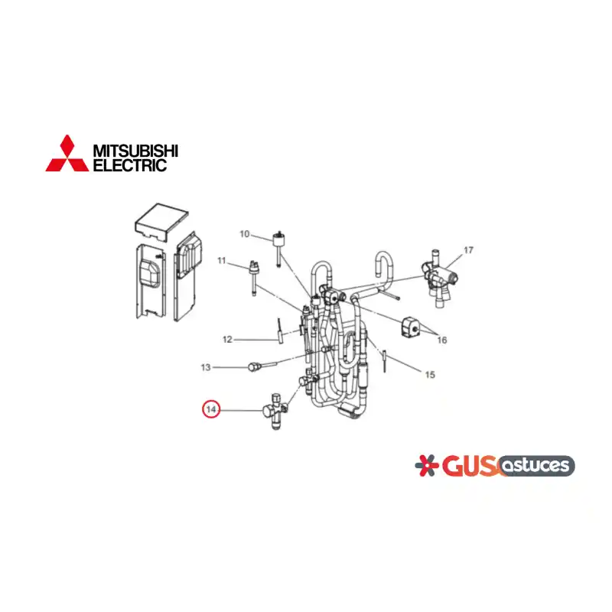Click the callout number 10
(244, 234)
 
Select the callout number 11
(222, 260)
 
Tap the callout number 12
(227, 340)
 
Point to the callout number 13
(206, 367)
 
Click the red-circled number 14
(211, 409)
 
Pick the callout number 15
(430, 375)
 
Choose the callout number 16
(442, 340)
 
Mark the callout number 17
(468, 250)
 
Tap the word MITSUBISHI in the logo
(135, 150)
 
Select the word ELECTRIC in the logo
(130, 165)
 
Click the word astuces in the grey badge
(536, 466)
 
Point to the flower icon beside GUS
(426, 465)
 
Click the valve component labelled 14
(275, 412)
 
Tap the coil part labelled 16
(410, 327)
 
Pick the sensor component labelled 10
(278, 248)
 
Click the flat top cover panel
(161, 223)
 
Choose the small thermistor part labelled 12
(280, 332)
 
